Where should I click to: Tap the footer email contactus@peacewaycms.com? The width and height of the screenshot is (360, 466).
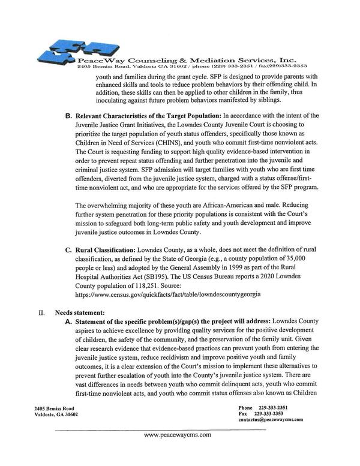tap(271, 420)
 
